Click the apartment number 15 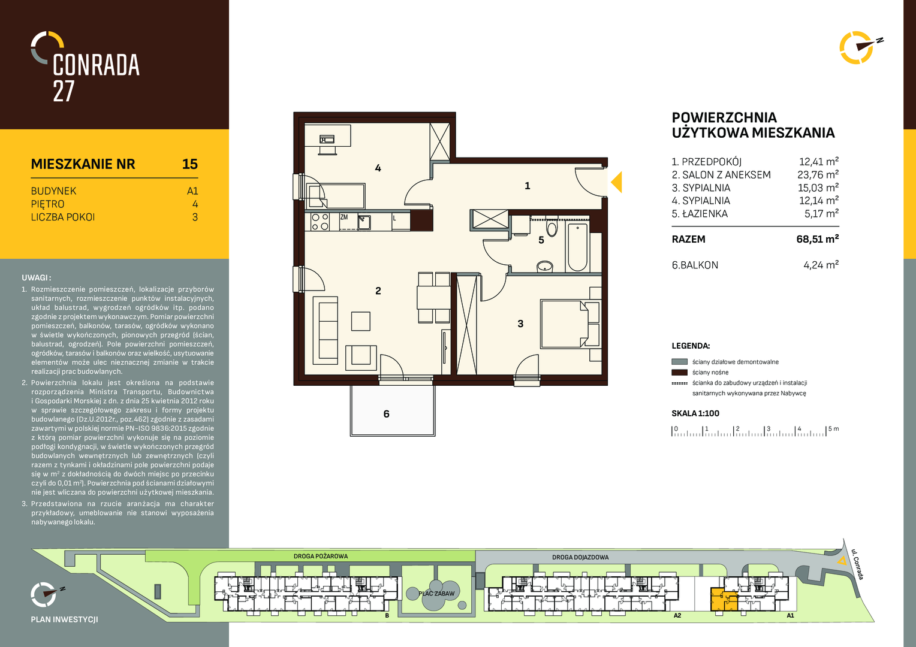190,164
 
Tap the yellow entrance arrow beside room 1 617,182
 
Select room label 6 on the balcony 387,414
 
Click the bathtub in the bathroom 577,247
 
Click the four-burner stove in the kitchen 320,222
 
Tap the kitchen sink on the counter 364,222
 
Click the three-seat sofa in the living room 326,331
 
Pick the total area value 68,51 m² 817,238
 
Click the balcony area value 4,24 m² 821,265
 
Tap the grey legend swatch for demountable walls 679,362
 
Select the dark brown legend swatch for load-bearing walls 679,373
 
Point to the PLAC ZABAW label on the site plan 436,594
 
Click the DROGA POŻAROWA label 321,557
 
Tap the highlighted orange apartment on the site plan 724,600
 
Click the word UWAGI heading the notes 37,278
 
